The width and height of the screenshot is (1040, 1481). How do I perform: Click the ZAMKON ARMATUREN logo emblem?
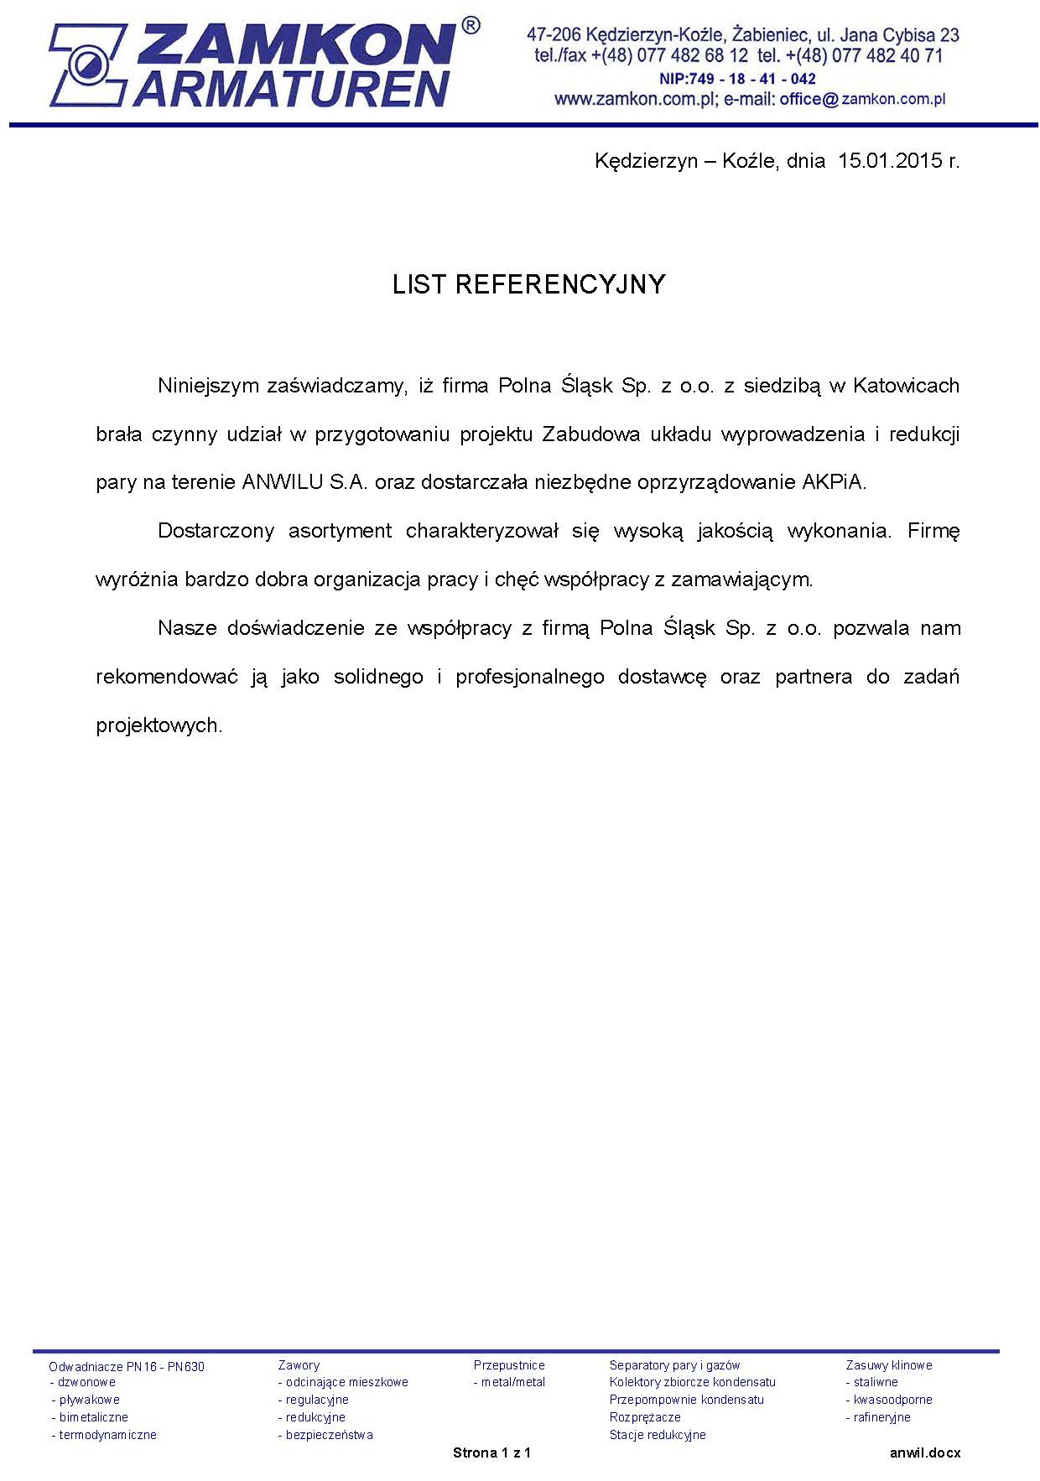84,64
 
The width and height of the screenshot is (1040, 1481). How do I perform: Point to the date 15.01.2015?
891,160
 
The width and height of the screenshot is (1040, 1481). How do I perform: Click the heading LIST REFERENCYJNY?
528,285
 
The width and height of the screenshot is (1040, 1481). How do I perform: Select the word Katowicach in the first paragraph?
906,386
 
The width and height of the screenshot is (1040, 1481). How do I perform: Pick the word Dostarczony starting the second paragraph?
216,531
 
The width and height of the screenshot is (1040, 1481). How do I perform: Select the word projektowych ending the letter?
159,725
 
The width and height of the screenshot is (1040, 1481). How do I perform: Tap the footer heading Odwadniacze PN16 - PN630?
127,1366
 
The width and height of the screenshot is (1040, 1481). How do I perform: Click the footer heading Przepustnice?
509,1365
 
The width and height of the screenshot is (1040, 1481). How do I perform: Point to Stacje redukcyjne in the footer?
658,1435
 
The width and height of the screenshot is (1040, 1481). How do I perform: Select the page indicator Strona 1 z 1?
491,1452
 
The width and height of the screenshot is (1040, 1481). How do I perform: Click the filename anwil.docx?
925,1452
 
